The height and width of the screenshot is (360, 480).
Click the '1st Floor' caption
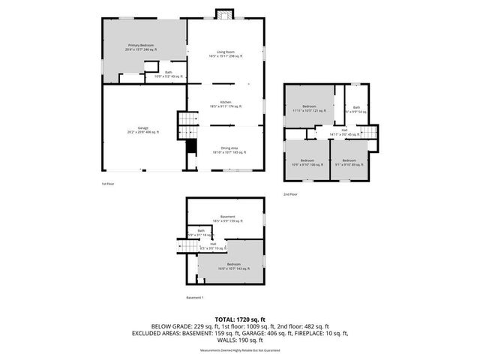108,183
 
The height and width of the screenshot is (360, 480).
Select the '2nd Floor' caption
290,194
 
